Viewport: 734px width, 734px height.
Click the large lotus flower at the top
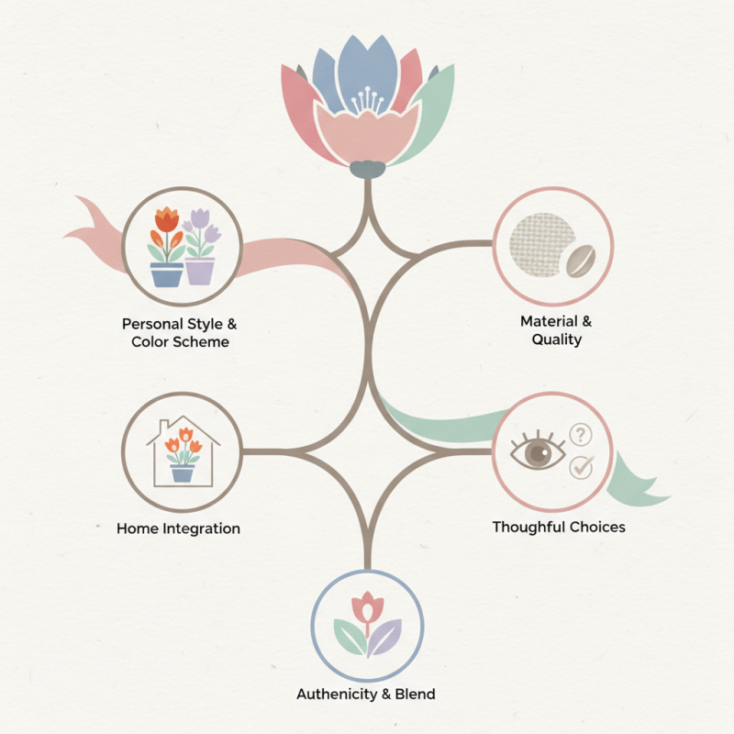367,101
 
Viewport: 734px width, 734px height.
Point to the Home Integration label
178,528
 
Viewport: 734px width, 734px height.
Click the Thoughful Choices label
558,527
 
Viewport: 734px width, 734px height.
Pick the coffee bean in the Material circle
578,260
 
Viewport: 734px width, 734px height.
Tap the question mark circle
581,434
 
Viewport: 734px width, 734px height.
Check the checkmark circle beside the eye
581,466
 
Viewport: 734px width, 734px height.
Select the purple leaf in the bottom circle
386,636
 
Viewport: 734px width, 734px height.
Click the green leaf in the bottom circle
349,637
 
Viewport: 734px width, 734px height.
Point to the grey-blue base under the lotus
367,169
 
